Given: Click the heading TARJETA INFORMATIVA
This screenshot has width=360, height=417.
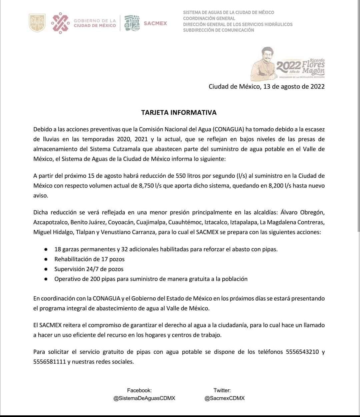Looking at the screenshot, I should [x=179, y=113].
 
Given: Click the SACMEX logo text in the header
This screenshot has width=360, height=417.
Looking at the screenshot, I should [x=155, y=23].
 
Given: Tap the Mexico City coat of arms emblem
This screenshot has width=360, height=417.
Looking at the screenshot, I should [x=37, y=23].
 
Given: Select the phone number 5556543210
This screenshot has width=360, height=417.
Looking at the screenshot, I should [x=302, y=352].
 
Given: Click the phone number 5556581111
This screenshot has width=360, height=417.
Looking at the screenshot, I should [x=49, y=362].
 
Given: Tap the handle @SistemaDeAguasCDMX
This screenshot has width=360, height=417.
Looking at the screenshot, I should [x=144, y=398].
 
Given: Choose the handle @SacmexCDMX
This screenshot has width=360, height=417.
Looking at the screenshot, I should [x=225, y=398].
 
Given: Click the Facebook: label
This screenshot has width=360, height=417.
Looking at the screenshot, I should [x=139, y=390].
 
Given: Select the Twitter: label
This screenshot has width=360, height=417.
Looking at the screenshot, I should [x=222, y=390].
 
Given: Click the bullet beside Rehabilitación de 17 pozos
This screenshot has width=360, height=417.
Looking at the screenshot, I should [x=45, y=259].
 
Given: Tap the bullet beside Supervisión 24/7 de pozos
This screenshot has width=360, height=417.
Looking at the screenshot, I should [x=45, y=269].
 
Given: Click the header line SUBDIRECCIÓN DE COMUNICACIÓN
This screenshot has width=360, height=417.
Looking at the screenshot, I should [x=218, y=30].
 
